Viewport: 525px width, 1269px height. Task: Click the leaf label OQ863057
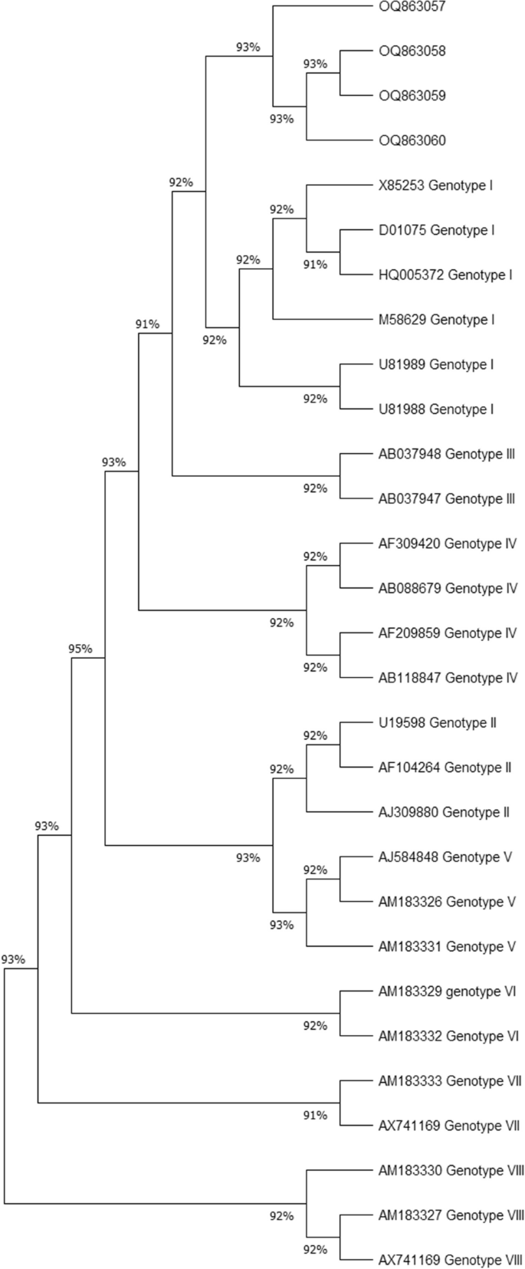click(412, 6)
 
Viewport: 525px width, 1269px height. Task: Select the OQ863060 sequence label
click(412, 140)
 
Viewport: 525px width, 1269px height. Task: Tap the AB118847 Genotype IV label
click(448, 678)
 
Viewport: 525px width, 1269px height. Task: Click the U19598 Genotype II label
click(438, 722)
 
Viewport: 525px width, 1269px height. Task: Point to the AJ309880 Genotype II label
click(444, 812)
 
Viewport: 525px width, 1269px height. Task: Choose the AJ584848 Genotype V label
click(445, 856)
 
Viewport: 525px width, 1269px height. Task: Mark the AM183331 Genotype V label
click(447, 946)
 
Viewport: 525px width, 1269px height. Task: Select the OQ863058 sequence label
click(412, 51)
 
